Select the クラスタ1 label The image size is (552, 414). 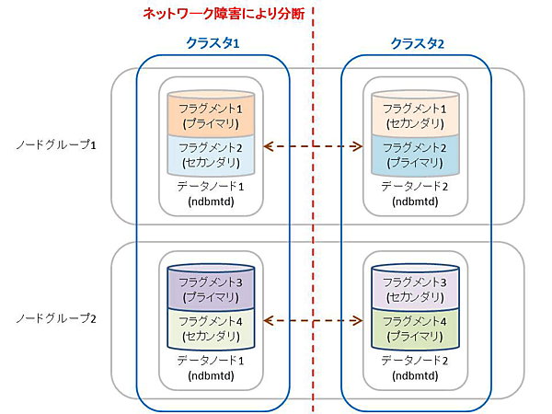coord(213,43)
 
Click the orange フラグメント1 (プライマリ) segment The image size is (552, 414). coord(212,114)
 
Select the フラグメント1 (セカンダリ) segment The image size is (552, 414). coord(415,114)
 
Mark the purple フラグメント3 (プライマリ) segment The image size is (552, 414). coord(212,288)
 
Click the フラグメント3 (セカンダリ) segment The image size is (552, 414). coord(415,288)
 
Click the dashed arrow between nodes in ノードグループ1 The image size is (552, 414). coord(313,145)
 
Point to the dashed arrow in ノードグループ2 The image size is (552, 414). coord(313,320)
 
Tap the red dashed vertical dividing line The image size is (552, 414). coord(313,230)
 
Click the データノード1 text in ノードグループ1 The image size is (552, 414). coord(212,186)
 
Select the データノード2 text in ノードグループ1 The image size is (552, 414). coord(415,186)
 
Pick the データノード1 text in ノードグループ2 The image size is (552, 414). coord(212,360)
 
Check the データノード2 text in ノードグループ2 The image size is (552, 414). coord(415,360)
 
